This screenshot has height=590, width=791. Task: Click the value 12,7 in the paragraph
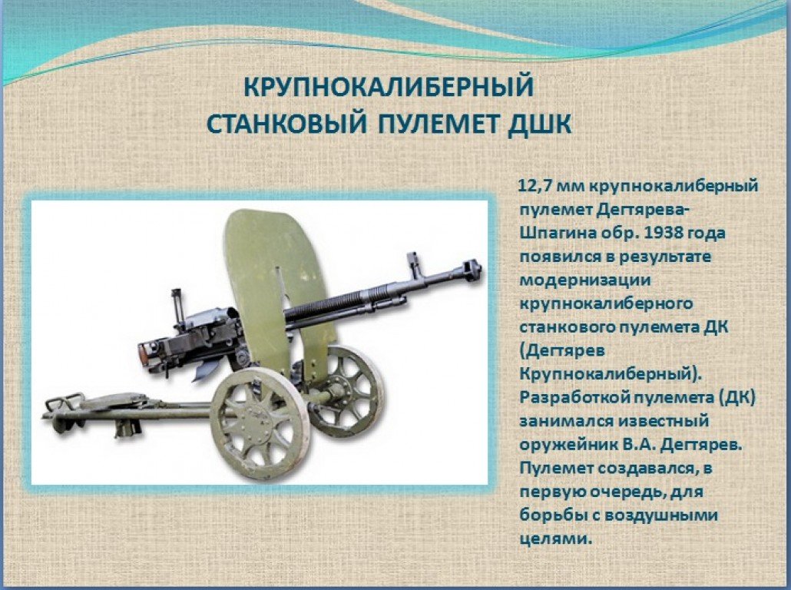click(537, 186)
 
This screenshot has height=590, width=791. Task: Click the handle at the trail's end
click(63, 403)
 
